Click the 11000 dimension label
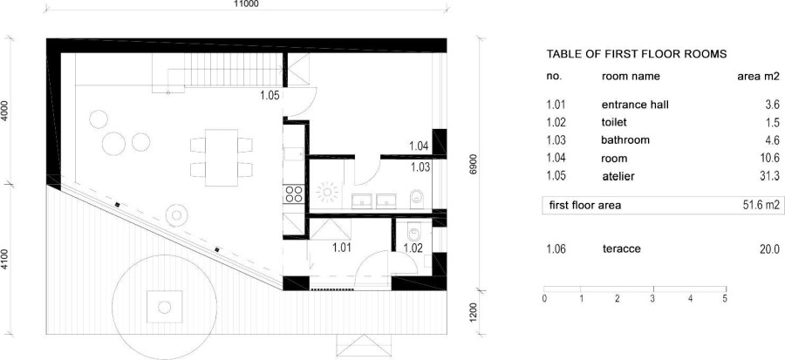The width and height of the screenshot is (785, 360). coord(246,3)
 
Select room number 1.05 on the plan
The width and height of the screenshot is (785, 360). coord(270,95)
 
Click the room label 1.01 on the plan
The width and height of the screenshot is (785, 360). coord(342,247)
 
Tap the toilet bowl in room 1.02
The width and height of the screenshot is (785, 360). coord(413,233)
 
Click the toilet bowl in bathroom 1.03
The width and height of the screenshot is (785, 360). coord(416,199)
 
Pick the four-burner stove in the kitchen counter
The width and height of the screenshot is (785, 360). coord(293,194)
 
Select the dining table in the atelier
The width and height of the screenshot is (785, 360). coord(222,158)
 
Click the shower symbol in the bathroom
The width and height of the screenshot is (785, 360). coord(328,192)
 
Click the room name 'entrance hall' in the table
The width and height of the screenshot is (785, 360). coord(635,105)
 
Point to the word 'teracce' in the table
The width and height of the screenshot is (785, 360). coord(622,249)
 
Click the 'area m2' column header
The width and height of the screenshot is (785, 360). coord(759,77)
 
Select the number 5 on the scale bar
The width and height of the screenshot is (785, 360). coord(725,299)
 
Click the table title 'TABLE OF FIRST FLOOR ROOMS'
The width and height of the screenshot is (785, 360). coord(637,54)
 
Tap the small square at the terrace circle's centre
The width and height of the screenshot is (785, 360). coord(164,307)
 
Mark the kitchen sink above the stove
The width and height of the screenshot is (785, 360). coord(293,154)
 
